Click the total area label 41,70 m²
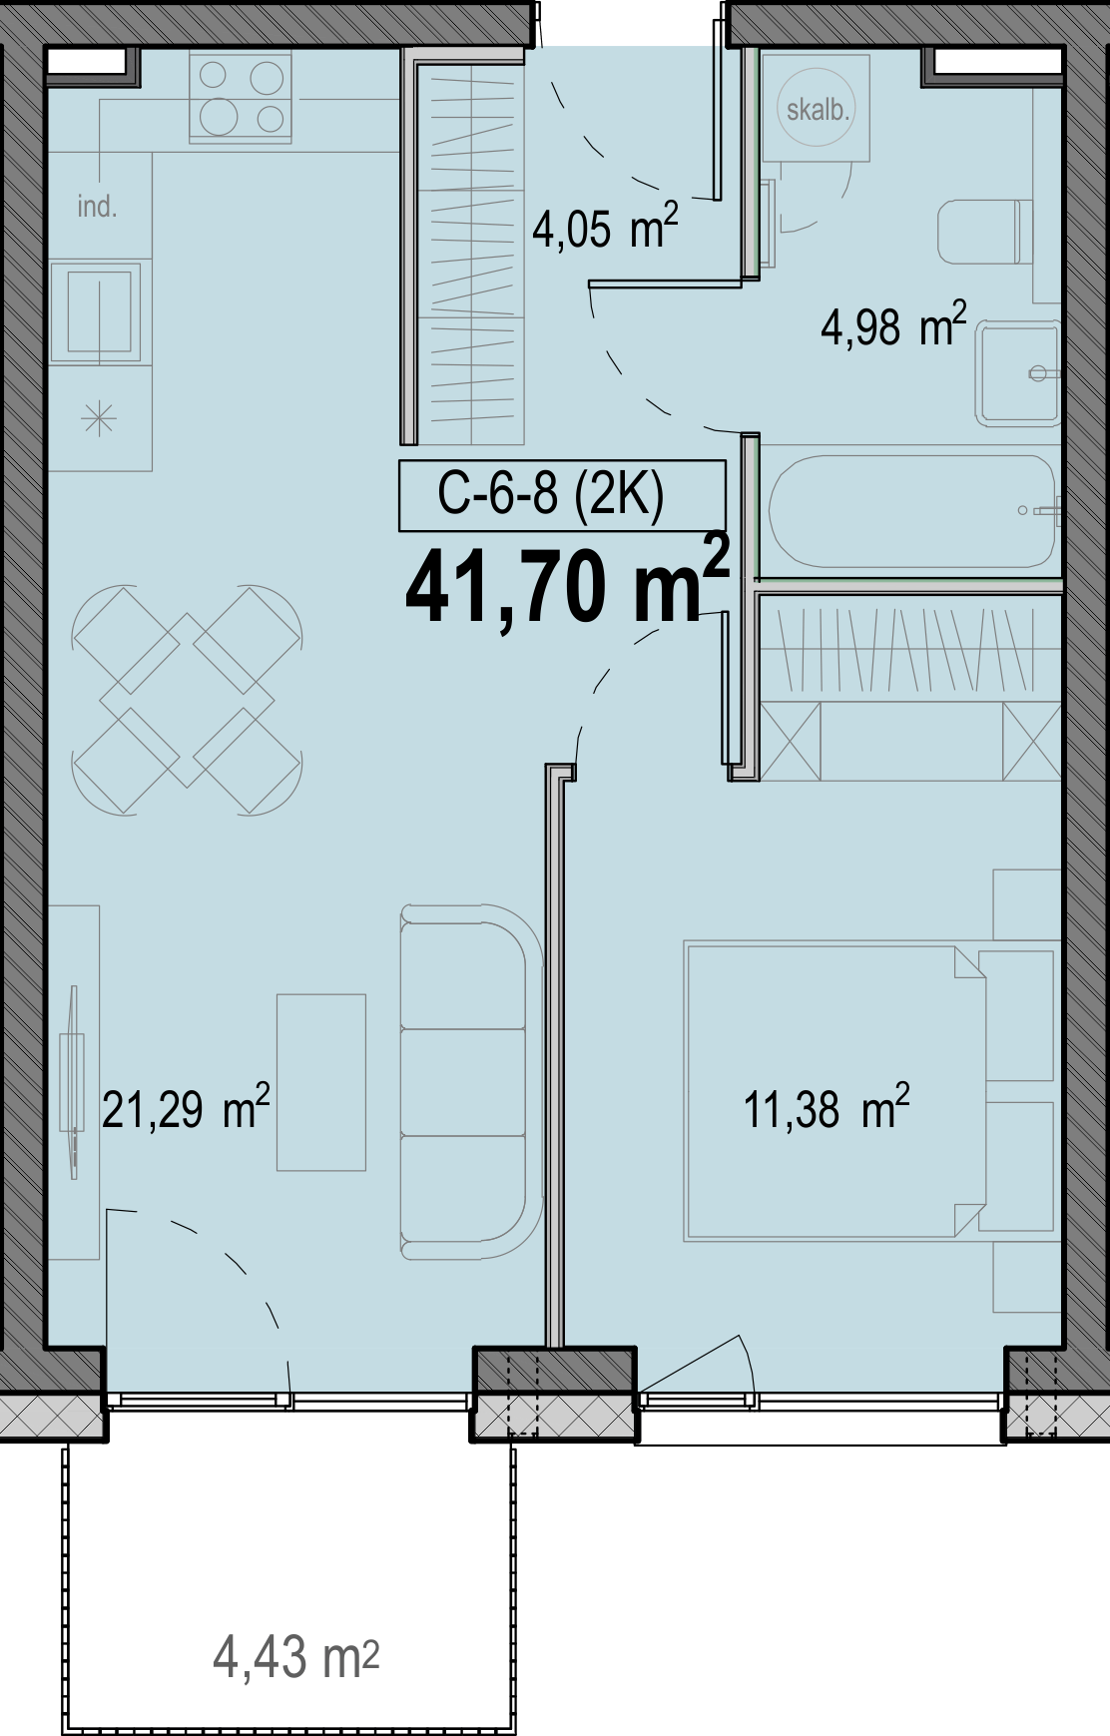coord(567,585)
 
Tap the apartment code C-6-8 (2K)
coord(551,493)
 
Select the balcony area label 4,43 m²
coord(296,1657)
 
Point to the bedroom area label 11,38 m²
coord(827,1108)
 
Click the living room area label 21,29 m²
coord(186,1108)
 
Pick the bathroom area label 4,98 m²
coord(893,325)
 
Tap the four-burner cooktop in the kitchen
coord(241,98)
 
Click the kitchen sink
coord(98,312)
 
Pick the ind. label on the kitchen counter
coord(97,207)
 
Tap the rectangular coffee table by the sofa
coord(321,1082)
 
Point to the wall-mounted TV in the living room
coord(71,1082)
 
